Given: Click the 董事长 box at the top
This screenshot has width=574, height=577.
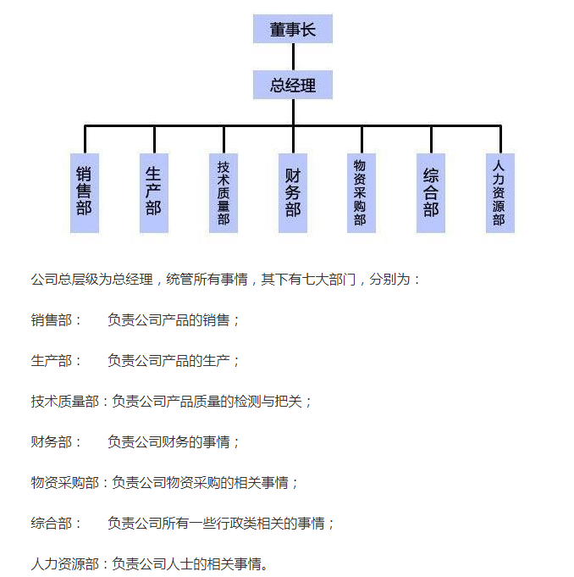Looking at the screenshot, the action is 293,29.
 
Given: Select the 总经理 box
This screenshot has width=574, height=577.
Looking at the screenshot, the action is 293,85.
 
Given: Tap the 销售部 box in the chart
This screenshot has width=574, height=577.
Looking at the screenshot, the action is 85,193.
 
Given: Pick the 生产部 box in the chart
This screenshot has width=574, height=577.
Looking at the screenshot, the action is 154,193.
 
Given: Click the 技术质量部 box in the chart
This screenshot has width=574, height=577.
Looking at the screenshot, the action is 224,193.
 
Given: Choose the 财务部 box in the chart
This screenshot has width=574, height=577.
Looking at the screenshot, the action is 293,193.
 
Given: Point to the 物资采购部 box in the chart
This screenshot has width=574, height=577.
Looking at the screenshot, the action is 362,193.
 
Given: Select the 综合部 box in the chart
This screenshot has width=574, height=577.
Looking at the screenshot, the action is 431,193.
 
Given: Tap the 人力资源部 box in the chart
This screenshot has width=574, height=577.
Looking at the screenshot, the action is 500,193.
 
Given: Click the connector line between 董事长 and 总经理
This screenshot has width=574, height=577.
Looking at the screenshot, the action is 293,57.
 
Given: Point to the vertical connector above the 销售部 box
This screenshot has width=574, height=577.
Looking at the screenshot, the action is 85,140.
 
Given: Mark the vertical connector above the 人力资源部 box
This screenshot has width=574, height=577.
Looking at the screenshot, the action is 500,140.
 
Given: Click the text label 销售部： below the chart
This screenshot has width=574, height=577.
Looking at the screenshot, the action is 56,320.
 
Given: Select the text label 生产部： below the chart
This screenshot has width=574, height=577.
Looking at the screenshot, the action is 56,361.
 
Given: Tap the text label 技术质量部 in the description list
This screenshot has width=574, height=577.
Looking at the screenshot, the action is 65,401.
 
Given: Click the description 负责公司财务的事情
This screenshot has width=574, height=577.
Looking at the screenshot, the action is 168,442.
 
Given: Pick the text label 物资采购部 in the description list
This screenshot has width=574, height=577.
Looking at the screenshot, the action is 65,482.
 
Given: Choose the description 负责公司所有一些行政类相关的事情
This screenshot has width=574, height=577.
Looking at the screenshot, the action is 216,524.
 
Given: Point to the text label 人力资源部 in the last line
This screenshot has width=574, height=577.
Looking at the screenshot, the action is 65,563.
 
